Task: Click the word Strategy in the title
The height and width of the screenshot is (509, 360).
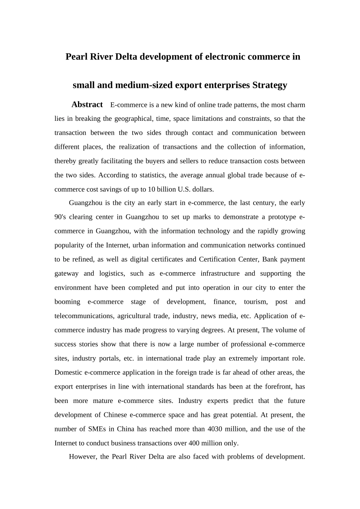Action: click(x=269, y=85)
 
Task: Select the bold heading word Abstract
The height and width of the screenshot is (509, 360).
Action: click(x=87, y=105)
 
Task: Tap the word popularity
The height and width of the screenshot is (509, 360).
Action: click(x=69, y=245)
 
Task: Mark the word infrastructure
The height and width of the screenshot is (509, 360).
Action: click(x=220, y=273)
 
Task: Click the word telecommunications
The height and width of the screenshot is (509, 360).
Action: click(x=84, y=316)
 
